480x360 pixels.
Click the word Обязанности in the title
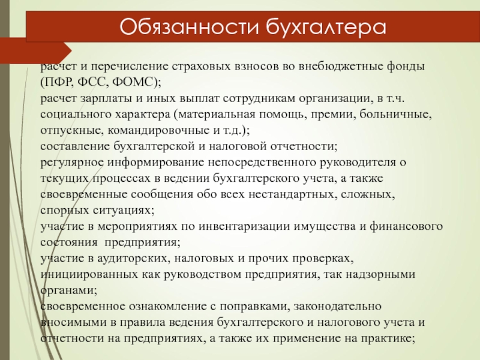point(189,26)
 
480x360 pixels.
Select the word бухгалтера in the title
point(326,27)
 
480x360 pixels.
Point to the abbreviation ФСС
point(93,82)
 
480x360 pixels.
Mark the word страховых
point(200,67)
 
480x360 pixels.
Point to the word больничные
point(395,114)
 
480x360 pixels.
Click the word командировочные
point(158,130)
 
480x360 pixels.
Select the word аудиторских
point(133,258)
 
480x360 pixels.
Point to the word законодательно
point(337,306)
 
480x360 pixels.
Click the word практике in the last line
point(386,338)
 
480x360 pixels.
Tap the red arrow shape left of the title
point(36,51)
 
